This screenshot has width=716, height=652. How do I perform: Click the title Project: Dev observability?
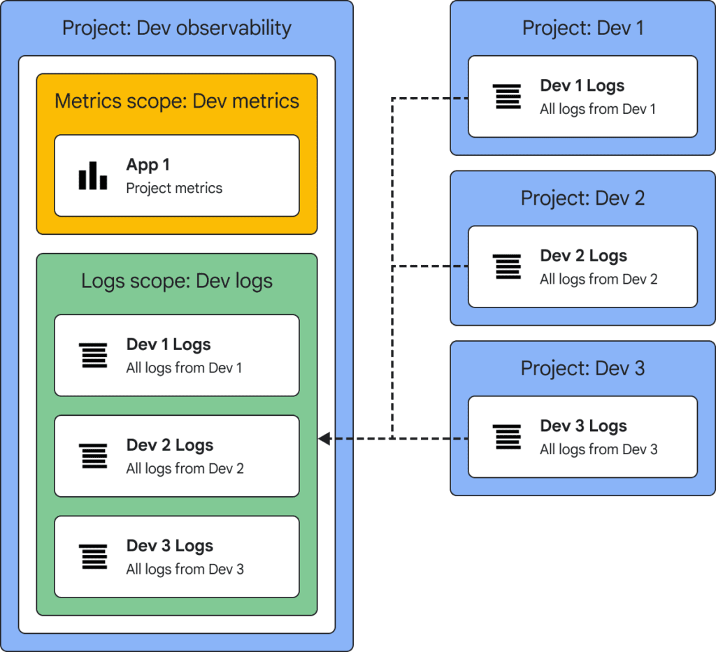(177, 28)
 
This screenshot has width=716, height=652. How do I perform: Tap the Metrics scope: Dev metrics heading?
(177, 101)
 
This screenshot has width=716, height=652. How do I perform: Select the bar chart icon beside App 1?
(93, 176)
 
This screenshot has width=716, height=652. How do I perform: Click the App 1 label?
(148, 165)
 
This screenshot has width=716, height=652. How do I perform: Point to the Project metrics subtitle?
(174, 188)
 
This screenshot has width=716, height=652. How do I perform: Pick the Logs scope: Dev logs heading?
(177, 281)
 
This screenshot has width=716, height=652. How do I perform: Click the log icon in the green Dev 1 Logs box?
(93, 355)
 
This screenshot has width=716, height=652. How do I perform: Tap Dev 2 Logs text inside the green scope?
(170, 445)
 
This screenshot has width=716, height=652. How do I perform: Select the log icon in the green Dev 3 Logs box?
(93, 556)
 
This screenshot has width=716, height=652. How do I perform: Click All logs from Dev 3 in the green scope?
(185, 569)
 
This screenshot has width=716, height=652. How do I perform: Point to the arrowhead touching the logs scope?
(324, 439)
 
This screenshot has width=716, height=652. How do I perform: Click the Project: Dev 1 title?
(582, 28)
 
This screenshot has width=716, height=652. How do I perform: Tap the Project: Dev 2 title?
(582, 198)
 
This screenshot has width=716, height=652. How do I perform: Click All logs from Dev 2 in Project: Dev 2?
(599, 280)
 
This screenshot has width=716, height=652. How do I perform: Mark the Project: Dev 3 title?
(582, 368)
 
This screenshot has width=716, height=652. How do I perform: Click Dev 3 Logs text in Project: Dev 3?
(583, 426)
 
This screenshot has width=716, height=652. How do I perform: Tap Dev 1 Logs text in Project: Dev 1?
(582, 85)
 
